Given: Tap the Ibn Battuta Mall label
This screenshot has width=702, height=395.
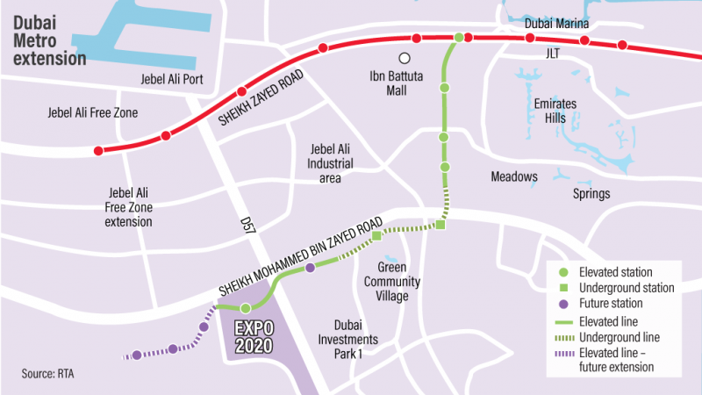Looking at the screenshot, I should point(404,83).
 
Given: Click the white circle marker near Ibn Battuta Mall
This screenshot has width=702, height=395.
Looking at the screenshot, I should point(405,59).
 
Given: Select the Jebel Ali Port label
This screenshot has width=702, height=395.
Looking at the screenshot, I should point(172,80).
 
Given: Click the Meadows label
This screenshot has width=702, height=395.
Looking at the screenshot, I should point(514,176).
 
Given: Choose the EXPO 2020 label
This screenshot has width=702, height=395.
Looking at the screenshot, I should point(253,336).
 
